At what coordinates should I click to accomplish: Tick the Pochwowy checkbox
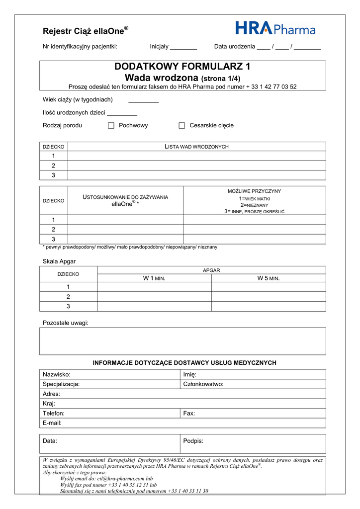coord(111,126)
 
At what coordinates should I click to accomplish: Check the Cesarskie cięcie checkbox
coord(182,126)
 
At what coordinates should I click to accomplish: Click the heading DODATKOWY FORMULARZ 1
coord(182,67)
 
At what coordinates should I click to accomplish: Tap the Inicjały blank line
coord(183,48)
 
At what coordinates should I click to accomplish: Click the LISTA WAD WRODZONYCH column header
coord(196,147)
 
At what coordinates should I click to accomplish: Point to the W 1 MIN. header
coord(154,278)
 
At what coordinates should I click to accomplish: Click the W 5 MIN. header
coord(269,278)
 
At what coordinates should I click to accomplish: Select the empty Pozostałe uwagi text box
coord(182,341)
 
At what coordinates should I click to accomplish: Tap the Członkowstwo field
coord(253,384)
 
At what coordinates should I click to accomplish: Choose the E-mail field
coord(182,423)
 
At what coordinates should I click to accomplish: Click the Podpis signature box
coord(253,444)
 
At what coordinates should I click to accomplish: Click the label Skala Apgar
coord(59,261)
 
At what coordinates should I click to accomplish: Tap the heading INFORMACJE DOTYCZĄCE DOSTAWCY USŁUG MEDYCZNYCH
coord(184,363)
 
